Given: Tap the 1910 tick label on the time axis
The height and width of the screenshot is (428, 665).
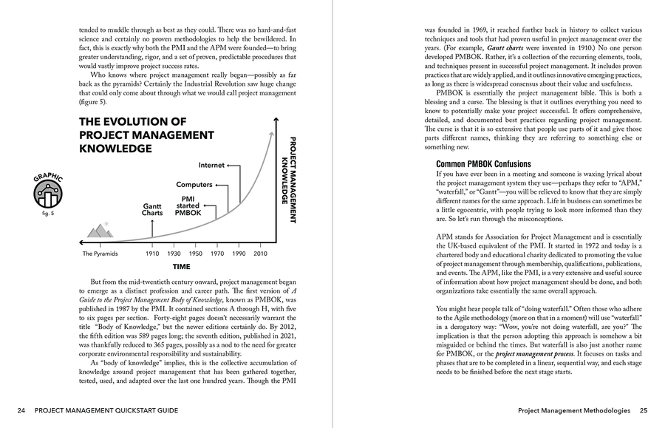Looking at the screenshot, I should [x=152, y=254].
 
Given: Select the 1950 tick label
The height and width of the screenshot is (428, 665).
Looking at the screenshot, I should [x=196, y=254].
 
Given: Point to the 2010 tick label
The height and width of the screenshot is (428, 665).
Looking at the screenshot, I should [x=260, y=254].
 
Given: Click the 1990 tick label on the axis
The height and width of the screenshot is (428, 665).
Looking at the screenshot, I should [x=239, y=254].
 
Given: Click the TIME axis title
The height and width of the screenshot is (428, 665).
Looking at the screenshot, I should [x=181, y=267].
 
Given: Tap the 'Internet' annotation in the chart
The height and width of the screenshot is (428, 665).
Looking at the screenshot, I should [x=212, y=165].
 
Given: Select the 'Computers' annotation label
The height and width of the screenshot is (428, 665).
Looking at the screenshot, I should [x=194, y=184].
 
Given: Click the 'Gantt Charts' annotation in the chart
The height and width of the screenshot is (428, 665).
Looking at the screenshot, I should [x=152, y=209].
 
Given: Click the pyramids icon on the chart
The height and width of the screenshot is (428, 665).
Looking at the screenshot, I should [x=100, y=231].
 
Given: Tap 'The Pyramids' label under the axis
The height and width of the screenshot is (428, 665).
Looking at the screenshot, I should [x=99, y=254].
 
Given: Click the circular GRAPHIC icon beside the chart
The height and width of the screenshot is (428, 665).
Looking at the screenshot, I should [x=48, y=194].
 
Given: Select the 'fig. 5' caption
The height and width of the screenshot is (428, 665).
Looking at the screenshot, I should [x=48, y=214].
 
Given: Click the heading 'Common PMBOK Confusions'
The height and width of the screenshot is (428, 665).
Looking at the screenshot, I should [x=483, y=163].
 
